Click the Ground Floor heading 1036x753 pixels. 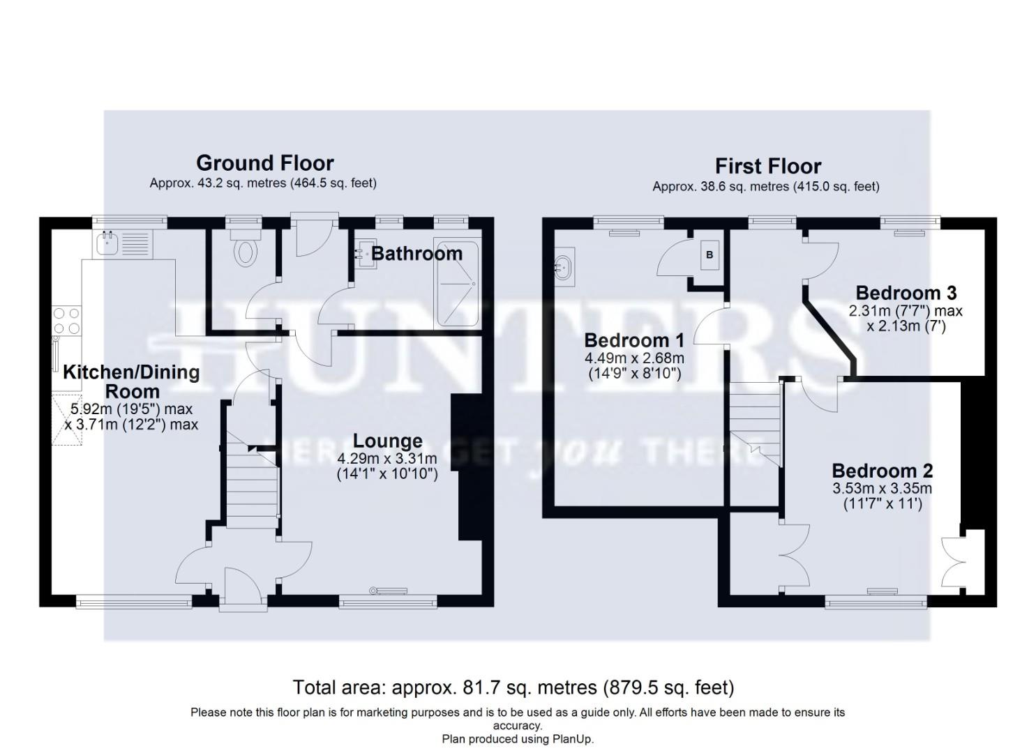click(264, 163)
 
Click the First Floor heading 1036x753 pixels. click(767, 166)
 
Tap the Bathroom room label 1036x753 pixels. click(416, 253)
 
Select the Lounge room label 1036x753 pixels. click(387, 441)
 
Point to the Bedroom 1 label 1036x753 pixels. click(633, 340)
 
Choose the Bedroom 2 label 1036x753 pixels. click(882, 471)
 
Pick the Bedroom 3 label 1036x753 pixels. click(906, 293)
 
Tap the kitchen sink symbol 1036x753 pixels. click(108, 244)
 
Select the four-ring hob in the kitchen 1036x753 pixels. click(66, 321)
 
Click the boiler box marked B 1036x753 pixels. click(710, 255)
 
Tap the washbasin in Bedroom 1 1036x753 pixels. click(564, 266)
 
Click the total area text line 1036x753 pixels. click(513, 688)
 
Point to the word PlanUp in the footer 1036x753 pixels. click(570, 739)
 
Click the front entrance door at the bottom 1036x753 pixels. click(242, 589)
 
